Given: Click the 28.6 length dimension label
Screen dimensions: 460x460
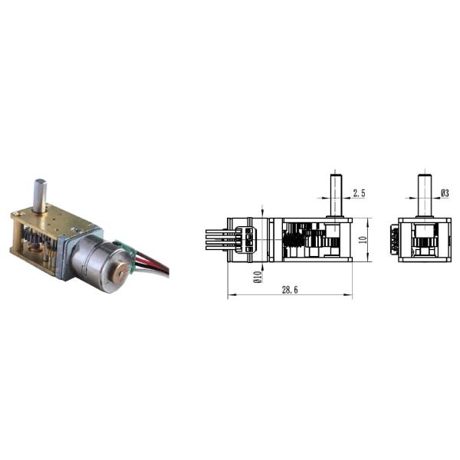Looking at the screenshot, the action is [x=290, y=290].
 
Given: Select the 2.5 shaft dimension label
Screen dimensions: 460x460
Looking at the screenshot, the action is [x=359, y=193].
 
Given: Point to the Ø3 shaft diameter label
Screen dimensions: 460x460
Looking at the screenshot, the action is [x=445, y=193].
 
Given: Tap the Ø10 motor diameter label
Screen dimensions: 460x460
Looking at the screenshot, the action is [x=258, y=277].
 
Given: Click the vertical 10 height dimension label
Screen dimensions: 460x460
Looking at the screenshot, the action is [x=363, y=240].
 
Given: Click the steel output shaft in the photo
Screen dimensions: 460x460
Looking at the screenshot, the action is [x=40, y=195].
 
